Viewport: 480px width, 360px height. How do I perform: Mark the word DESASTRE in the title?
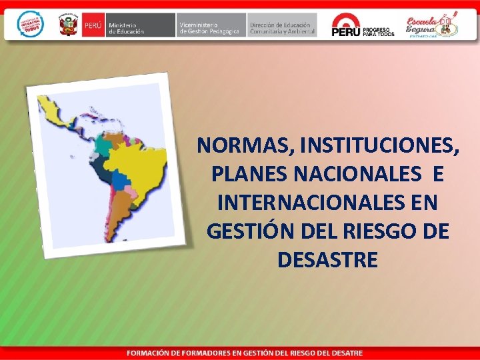tap(327, 260)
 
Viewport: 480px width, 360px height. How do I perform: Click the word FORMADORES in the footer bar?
tap(207, 352)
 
